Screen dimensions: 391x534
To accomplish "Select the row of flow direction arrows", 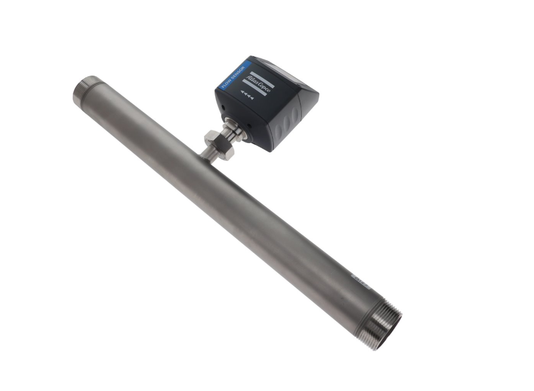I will click(x=246, y=97).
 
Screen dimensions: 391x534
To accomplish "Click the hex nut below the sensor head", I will click(x=214, y=141).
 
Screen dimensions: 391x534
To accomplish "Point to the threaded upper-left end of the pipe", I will click(x=83, y=91).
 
